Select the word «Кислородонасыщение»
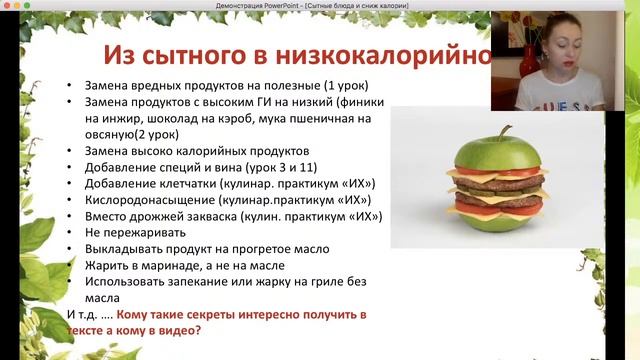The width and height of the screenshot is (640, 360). coord(151,200)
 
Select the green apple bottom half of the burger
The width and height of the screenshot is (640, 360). coord(499,221)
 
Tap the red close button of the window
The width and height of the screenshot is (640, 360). coord(8,6)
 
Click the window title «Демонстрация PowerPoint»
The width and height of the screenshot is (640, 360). coord(259,6)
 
